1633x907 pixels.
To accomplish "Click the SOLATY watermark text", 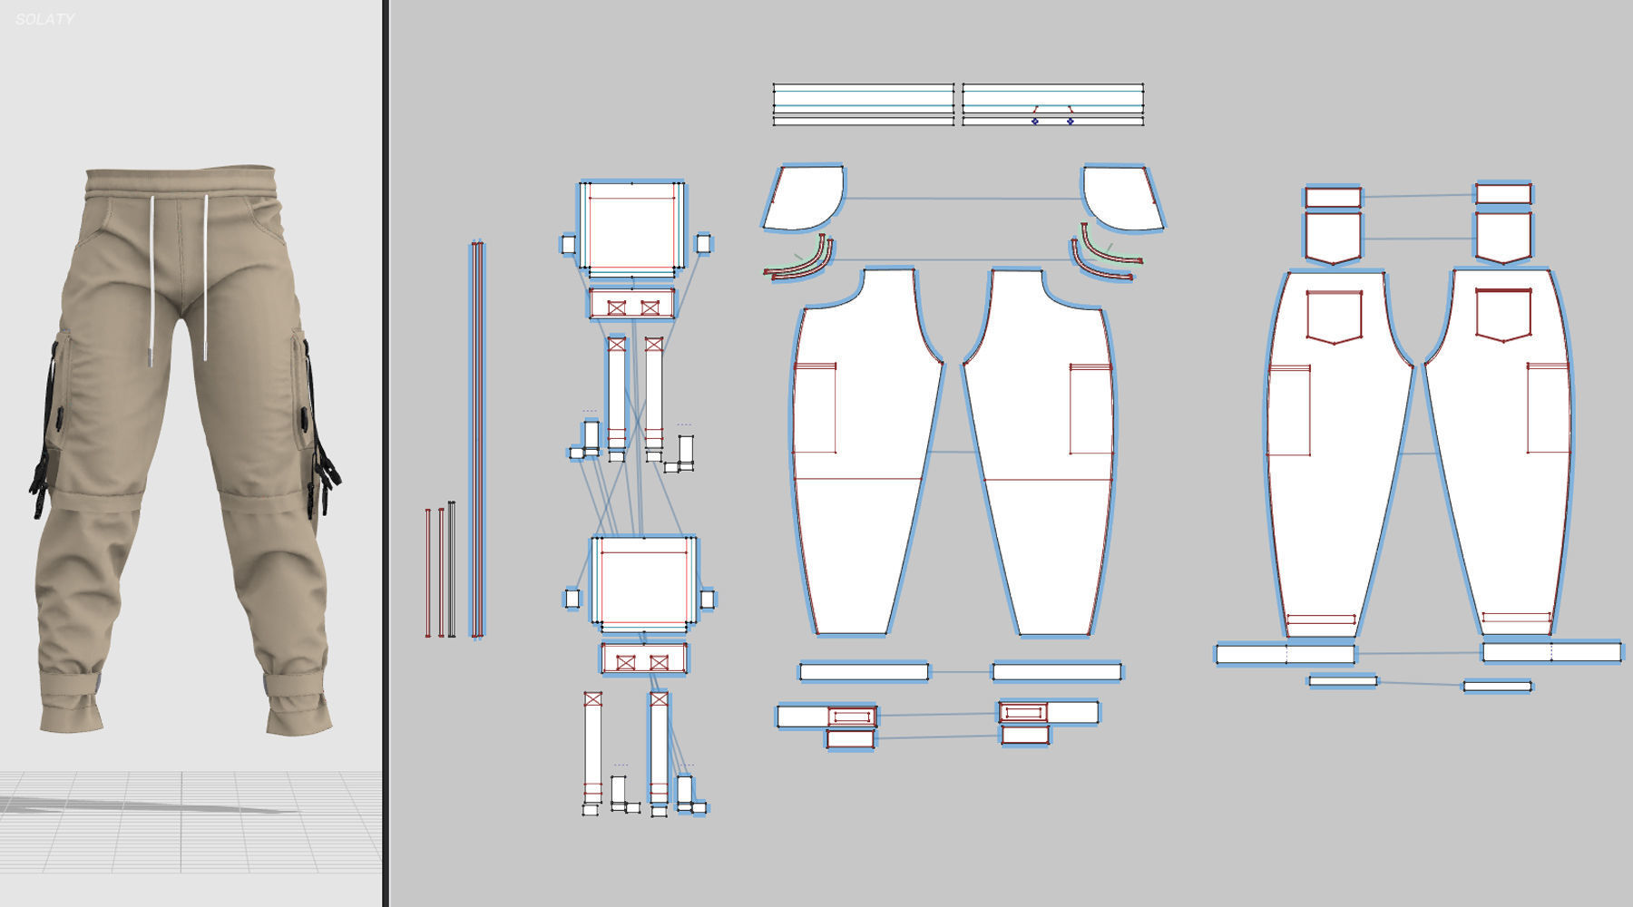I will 44,19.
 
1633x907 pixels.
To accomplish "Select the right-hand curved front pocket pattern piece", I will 1120,197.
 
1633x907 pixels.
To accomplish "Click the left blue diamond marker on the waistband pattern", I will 1035,121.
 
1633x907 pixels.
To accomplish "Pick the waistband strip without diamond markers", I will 863,103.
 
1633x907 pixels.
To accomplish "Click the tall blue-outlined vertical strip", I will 477,439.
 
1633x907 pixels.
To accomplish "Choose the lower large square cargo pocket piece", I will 643,581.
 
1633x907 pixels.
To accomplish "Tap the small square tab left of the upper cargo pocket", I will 569,244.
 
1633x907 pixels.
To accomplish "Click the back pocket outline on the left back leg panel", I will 1334,317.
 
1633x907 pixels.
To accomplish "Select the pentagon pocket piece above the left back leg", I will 1334,238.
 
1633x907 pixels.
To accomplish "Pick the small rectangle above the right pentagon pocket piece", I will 1503,193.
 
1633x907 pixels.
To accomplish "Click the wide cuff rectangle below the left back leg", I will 1285,653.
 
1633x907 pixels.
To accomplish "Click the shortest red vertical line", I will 428,572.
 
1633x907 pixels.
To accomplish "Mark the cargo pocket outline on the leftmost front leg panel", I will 815,409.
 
